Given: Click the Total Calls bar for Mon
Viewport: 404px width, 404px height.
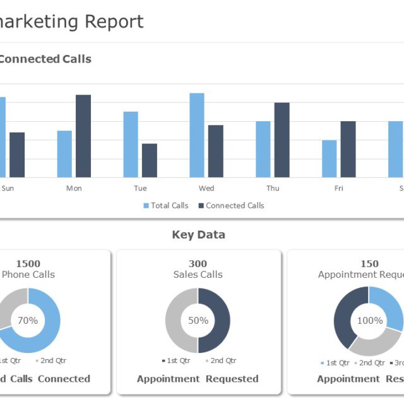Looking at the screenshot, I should click(64, 154).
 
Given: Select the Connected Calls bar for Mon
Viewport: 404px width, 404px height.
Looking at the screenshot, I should click(83, 136).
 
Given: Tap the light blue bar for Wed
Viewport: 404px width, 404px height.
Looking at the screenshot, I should click(197, 135).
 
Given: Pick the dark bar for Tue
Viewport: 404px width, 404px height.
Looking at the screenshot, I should click(150, 160).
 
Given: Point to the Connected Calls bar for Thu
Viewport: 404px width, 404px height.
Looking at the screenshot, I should click(282, 140).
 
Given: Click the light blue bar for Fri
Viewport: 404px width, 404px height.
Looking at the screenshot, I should click(330, 158).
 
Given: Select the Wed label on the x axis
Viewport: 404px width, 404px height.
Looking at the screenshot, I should click(206, 188).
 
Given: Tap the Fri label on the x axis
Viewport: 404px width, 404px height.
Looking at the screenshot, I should click(339, 188).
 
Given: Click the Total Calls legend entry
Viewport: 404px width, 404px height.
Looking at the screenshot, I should click(166, 205).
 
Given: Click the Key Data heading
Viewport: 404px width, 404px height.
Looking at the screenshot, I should click(198, 235).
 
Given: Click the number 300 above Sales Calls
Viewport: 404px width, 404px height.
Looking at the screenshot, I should click(198, 264).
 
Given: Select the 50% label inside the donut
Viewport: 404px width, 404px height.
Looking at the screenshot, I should click(198, 321).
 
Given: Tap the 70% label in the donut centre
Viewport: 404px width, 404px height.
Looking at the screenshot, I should click(28, 321).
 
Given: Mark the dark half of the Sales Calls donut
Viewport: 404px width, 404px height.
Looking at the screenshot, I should click(215, 321).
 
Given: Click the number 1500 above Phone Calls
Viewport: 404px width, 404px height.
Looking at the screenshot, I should click(28, 264).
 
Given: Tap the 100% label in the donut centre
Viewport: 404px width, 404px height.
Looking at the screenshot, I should click(370, 321).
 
